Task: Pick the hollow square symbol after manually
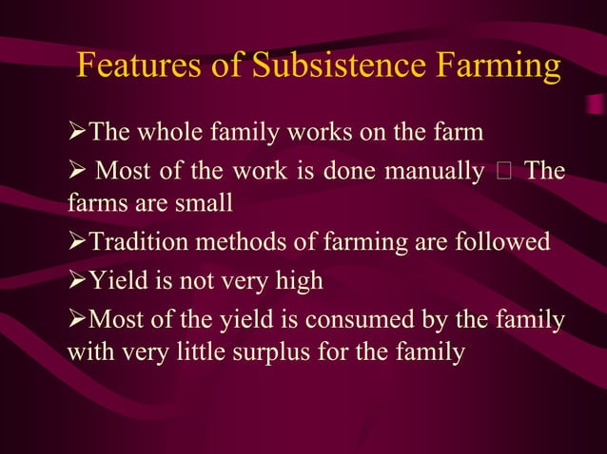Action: tap(503, 173)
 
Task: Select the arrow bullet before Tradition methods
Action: tap(76, 241)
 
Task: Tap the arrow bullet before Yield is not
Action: tap(76, 281)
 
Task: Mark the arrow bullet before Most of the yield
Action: tap(76, 321)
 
